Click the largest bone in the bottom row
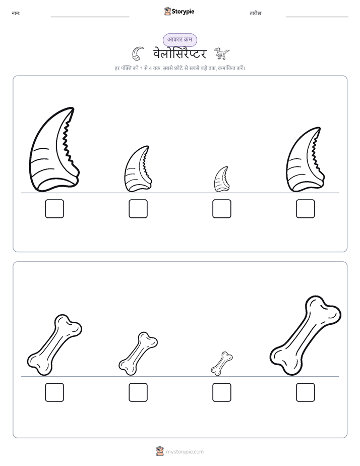point(306,336)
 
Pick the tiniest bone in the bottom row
point(221,364)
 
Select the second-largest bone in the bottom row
point(54,345)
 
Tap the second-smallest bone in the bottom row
point(138,354)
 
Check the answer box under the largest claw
point(54,209)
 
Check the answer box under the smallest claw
point(221,209)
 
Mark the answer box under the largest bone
point(306,392)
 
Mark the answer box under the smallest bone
point(221,392)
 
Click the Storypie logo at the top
point(179,12)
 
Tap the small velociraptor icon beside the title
point(221,53)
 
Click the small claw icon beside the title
point(138,53)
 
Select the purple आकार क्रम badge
point(179,40)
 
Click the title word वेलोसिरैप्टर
point(179,54)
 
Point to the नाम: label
point(16,14)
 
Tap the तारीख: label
point(256,14)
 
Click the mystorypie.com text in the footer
point(185,452)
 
